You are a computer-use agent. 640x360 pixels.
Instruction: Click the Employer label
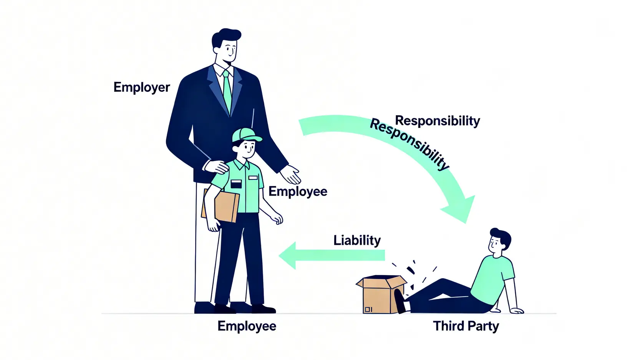(141, 88)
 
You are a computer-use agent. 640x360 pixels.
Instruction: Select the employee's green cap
(245, 135)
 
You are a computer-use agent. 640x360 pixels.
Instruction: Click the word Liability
(357, 241)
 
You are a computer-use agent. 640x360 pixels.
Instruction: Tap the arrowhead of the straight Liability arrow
(288, 255)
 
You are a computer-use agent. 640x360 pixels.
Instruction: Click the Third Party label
(466, 326)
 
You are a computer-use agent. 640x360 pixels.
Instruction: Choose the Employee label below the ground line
(247, 326)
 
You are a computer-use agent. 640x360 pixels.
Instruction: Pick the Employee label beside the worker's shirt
(298, 191)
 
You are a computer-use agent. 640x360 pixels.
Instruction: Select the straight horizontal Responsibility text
(437, 121)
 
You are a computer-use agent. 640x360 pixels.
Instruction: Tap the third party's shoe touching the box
(400, 301)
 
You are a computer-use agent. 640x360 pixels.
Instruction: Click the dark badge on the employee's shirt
(236, 184)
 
